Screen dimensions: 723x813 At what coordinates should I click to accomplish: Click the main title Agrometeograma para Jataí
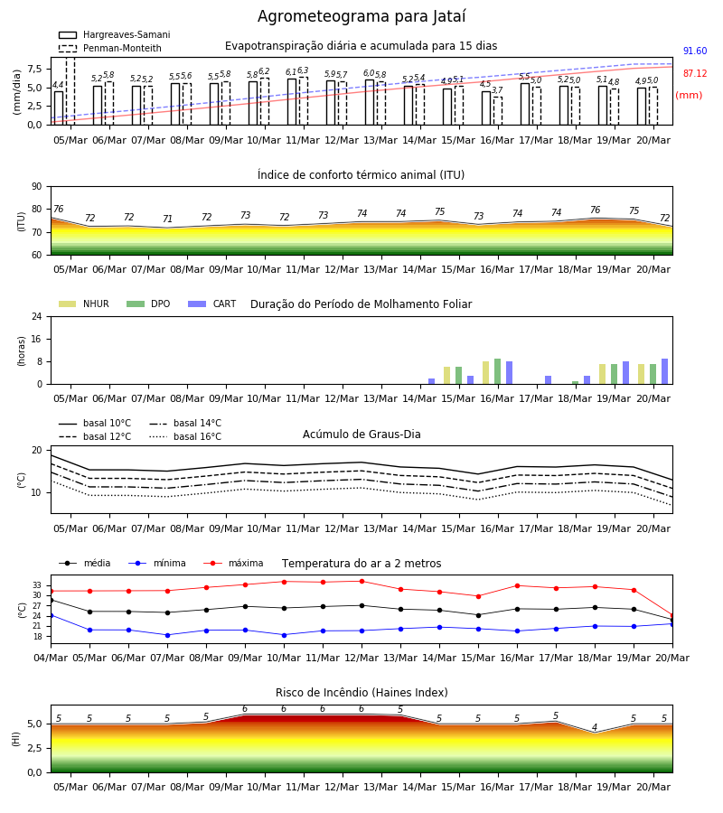(x=361, y=16)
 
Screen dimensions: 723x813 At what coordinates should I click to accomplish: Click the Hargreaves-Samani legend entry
(x=114, y=34)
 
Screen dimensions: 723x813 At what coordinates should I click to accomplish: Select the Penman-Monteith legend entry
(x=110, y=48)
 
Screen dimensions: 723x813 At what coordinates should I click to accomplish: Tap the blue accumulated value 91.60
(x=695, y=51)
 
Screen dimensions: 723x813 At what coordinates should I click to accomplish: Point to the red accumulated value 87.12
(x=695, y=74)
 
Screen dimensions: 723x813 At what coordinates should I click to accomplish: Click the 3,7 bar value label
(x=497, y=90)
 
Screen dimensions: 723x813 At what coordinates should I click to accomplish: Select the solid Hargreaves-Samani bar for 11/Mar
(x=292, y=101)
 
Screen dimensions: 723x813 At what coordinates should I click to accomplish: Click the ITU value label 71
(x=167, y=219)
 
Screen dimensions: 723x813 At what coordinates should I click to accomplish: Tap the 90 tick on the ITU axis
(x=37, y=187)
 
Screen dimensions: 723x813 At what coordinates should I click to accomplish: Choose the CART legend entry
(x=212, y=304)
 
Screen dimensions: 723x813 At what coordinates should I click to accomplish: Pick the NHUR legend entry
(x=84, y=304)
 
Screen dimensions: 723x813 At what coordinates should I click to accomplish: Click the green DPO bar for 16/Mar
(x=497, y=371)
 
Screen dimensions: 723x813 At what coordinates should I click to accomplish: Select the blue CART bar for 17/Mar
(x=549, y=380)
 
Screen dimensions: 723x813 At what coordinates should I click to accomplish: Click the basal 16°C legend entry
(x=185, y=436)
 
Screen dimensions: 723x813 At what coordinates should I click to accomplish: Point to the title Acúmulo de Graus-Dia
(x=361, y=434)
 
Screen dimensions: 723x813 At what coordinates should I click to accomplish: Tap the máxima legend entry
(x=233, y=563)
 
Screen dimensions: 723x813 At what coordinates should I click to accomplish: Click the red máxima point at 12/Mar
(x=362, y=581)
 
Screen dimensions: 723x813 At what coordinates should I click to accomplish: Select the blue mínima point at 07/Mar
(x=167, y=635)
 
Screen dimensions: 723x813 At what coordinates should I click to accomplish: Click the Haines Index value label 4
(x=595, y=727)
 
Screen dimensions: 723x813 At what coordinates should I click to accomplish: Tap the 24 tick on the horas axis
(x=37, y=316)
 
